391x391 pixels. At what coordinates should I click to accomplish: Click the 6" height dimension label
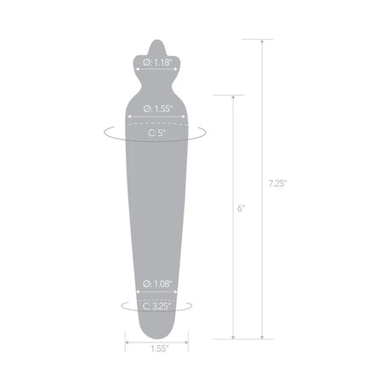241,207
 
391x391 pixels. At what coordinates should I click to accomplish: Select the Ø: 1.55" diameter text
153,108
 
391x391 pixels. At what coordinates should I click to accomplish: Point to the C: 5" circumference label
153,133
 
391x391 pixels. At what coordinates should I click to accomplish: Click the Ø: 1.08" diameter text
153,285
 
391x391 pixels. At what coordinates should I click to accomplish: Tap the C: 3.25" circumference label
153,306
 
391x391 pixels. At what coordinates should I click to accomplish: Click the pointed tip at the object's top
154,41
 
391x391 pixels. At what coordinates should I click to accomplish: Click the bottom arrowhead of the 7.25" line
262,337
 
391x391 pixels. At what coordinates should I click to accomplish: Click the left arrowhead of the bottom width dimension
127,343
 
